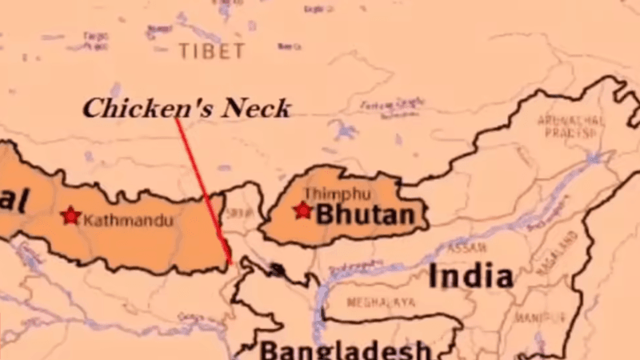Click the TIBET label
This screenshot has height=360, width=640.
pos(210,52)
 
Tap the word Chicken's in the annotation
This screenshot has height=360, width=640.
pos(135,109)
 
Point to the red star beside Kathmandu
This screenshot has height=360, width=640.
pos(71,215)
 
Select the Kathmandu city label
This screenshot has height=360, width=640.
pos(127,218)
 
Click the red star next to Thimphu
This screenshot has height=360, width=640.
pos(302,210)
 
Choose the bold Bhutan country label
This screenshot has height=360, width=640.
pos(366,214)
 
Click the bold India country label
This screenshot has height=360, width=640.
pos(470,277)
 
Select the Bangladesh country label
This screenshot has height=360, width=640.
pos(345,350)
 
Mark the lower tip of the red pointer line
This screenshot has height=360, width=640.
pos(230,262)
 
